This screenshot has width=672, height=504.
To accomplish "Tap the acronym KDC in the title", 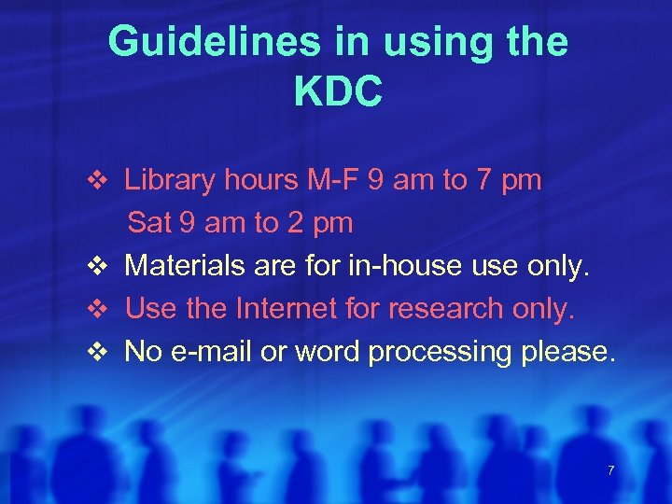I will tap(338, 91).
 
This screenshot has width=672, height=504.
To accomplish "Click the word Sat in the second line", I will tap(148, 223).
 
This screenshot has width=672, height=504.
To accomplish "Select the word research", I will tap(442, 309).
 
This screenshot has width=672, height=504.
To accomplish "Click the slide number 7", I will tap(610, 470).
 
